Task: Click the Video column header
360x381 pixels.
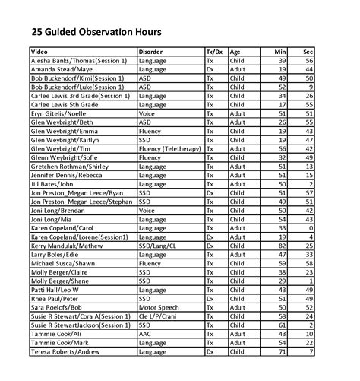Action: click(x=39, y=51)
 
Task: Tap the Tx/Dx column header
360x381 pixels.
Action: click(x=215, y=51)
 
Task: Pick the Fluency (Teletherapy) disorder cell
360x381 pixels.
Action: click(x=169, y=148)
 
